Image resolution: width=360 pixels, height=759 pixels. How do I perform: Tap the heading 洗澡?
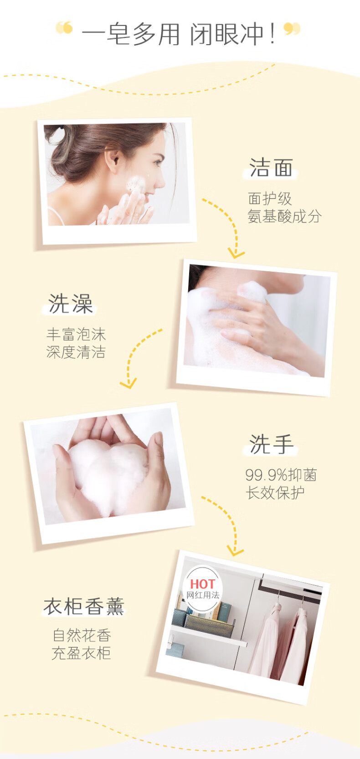(x=71, y=304)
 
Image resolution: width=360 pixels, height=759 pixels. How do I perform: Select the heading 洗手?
(x=271, y=444)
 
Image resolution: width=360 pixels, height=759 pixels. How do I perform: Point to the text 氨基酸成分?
(x=284, y=216)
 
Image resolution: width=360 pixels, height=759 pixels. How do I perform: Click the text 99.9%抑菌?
(x=281, y=475)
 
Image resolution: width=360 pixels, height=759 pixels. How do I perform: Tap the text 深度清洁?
(x=76, y=352)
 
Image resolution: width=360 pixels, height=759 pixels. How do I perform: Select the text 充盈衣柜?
(x=81, y=653)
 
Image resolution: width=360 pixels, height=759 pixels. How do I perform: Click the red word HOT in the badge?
(x=202, y=584)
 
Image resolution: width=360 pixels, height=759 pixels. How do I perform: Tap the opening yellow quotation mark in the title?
(x=64, y=28)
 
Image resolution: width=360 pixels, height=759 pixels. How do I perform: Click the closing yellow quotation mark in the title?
(x=292, y=29)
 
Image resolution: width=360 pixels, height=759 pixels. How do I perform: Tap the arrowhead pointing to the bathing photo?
(x=236, y=253)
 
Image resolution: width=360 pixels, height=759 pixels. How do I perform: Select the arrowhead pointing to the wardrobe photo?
(x=235, y=551)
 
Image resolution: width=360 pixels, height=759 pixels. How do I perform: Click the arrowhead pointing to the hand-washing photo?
(x=129, y=383)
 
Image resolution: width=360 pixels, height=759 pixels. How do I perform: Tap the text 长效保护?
(x=275, y=493)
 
